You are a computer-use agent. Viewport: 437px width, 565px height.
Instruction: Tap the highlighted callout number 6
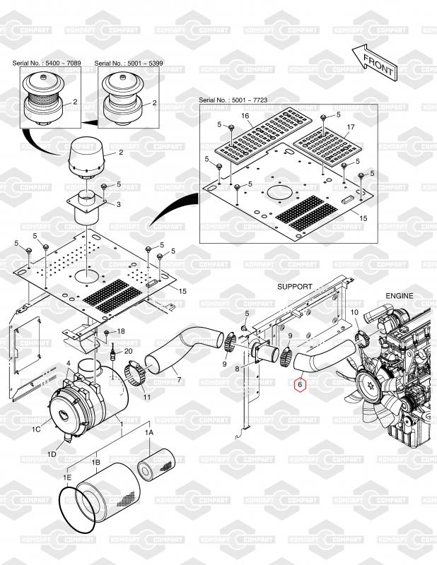tap(300, 386)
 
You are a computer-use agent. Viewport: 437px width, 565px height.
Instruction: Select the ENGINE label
tap(400, 296)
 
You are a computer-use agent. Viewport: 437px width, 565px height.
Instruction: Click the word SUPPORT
tap(295, 287)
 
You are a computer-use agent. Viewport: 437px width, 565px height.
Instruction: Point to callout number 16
tap(246, 115)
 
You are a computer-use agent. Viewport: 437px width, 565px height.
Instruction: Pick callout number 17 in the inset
tap(350, 127)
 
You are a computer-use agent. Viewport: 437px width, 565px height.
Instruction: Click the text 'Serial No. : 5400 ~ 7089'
tap(47, 64)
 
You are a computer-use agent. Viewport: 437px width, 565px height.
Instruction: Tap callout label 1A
tap(149, 432)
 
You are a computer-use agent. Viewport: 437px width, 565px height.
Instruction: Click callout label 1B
tap(96, 463)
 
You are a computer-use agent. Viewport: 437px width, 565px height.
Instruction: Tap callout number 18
tap(120, 331)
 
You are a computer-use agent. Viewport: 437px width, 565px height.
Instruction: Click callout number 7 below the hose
tap(179, 381)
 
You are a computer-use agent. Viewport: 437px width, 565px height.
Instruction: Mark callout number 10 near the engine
tap(354, 312)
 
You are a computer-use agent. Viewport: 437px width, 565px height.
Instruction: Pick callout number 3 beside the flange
tap(118, 204)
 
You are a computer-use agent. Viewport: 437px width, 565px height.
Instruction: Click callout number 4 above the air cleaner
tap(69, 364)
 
